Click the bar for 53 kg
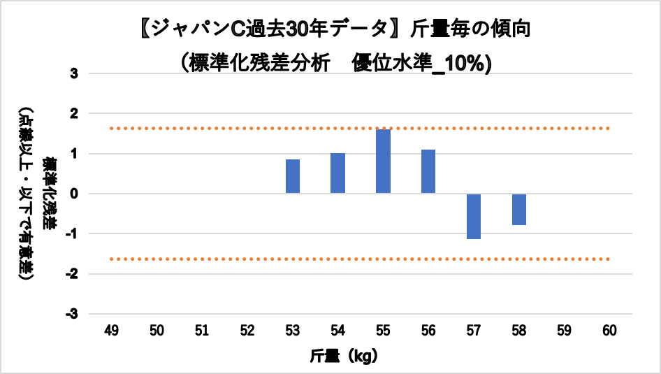click(293, 176)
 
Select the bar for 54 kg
click(338, 173)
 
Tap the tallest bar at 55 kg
click(383, 161)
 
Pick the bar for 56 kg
click(428, 171)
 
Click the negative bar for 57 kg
click(474, 216)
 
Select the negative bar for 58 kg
click(518, 209)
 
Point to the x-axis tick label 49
click(112, 329)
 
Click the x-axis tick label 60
click(609, 329)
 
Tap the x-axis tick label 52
click(247, 329)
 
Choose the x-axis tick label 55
click(383, 329)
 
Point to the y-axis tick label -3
click(73, 314)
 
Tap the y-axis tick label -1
click(73, 233)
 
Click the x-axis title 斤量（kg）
click(344, 356)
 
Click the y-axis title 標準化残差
click(50, 193)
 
